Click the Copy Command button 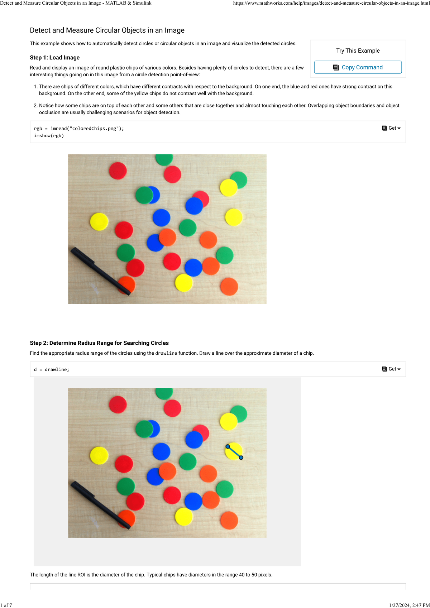[358, 67]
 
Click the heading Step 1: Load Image [54, 58]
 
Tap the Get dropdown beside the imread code [391, 128]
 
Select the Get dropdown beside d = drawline [391, 369]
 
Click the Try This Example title [358, 51]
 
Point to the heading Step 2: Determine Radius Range [99, 343]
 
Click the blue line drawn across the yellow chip [234, 452]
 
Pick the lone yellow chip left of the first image [99, 221]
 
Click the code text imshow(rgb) [49, 136]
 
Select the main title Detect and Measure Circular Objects [107, 30]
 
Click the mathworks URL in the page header [331, 3]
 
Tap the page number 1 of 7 [6, 605]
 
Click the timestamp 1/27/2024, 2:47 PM [409, 605]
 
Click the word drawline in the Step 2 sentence [166, 353]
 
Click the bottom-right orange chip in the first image [229, 286]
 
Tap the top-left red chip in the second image [118, 404]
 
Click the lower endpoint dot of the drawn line [241, 458]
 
